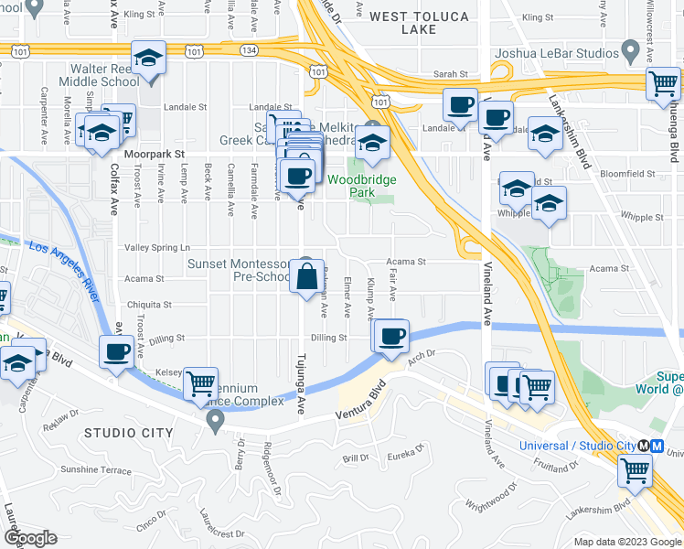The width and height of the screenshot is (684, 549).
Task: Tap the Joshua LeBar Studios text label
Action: (556, 52)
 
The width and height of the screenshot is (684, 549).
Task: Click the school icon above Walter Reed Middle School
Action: (147, 59)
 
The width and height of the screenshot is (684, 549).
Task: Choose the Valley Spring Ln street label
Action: (157, 247)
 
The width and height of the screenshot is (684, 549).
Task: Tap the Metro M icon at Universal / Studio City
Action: (645, 446)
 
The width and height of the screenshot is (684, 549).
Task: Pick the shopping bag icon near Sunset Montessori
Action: (307, 274)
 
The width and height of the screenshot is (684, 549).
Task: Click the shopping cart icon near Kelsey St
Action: (200, 385)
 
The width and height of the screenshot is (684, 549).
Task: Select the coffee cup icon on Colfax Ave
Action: (117, 351)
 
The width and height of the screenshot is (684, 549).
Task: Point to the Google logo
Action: (30, 538)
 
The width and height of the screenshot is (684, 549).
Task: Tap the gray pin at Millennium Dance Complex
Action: (216, 422)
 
